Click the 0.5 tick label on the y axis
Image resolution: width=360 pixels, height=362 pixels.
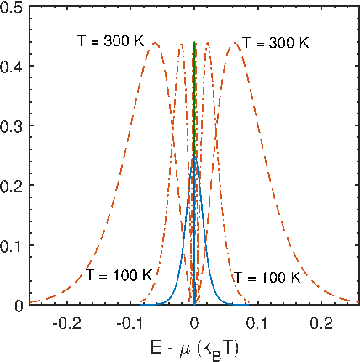click(x=11, y=8)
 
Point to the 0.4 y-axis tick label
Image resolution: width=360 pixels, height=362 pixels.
click(x=11, y=66)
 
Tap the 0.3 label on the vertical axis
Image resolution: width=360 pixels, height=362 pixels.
click(x=11, y=125)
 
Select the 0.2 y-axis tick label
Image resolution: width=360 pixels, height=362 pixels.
click(x=11, y=185)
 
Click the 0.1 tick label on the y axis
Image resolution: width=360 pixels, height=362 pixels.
click(x=11, y=245)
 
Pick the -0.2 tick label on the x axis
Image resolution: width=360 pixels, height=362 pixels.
click(x=67, y=323)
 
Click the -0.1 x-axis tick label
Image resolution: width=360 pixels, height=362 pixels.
click(x=130, y=323)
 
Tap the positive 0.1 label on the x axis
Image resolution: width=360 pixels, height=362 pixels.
click(x=258, y=323)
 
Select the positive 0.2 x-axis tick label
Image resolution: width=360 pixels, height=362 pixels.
click(x=321, y=323)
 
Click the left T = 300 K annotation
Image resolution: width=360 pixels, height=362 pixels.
click(x=110, y=41)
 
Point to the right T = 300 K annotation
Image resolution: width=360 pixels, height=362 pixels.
click(x=276, y=43)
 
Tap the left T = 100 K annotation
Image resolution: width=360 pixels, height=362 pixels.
click(x=119, y=275)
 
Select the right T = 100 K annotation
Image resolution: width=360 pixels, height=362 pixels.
click(x=267, y=278)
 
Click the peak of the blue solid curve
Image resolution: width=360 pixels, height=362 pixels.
click(x=195, y=158)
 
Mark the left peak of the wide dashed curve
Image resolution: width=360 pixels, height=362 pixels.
click(x=155, y=43)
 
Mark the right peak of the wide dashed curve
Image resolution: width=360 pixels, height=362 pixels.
click(x=235, y=43)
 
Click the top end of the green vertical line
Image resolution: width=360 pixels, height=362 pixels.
click(x=194, y=42)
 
